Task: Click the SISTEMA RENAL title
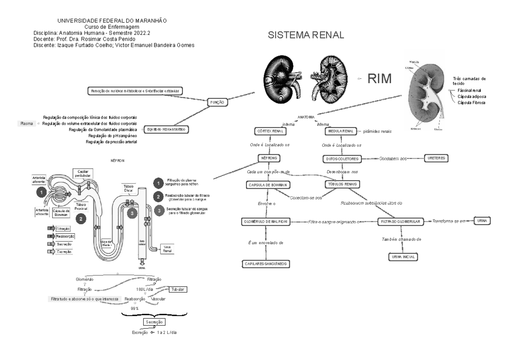pyautogui.click(x=306, y=36)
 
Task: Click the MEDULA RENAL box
pyautogui.click(x=340, y=131)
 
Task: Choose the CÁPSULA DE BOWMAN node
pyautogui.click(x=268, y=185)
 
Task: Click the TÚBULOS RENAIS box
pyautogui.click(x=342, y=184)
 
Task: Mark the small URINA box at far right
pyautogui.click(x=482, y=221)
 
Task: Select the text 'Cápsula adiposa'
pyautogui.click(x=471, y=96)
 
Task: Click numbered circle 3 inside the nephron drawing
pyautogui.click(x=132, y=214)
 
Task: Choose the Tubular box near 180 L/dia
pyautogui.click(x=178, y=289)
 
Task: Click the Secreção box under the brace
pyautogui.click(x=154, y=323)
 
